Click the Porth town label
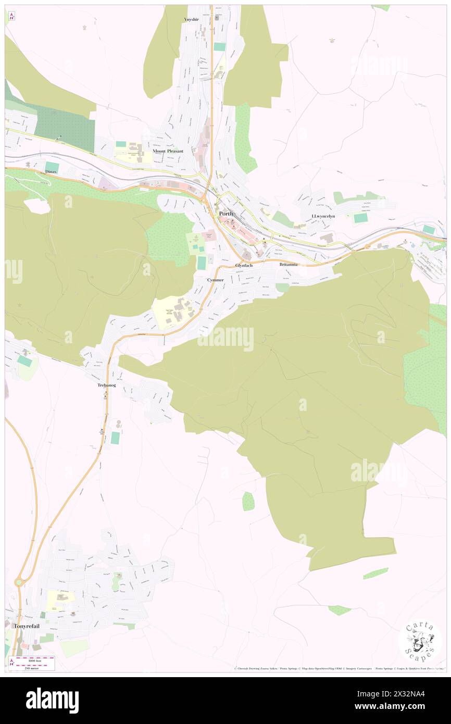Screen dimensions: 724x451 click(227, 214)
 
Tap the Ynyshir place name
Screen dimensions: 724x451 click(192, 19)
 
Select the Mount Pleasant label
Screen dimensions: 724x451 click(168, 151)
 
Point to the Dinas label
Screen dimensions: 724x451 click(51, 171)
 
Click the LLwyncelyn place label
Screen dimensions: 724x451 click(323, 216)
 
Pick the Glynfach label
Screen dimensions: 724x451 click(244, 265)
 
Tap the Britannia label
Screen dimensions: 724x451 click(289, 265)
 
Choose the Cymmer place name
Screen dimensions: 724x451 click(215, 280)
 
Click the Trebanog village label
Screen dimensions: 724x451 click(106, 385)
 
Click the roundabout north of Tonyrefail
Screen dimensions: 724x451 click(20, 582)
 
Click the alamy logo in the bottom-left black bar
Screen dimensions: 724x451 click(52, 700)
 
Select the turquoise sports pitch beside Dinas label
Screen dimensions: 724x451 click(52, 165)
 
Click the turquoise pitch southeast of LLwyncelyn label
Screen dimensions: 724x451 click(360, 218)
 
